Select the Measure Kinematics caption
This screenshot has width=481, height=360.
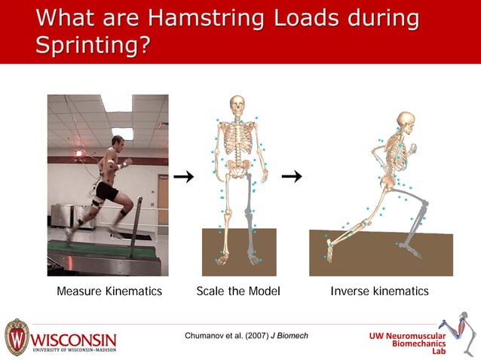tap(109, 291)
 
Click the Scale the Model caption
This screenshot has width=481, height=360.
tap(238, 291)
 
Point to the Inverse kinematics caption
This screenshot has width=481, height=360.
tap(379, 291)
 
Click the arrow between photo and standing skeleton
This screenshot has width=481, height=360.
tap(183, 177)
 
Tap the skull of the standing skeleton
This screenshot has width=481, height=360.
tap(237, 105)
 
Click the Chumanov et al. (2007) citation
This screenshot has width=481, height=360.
tap(246, 335)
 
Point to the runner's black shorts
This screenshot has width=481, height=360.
tap(107, 192)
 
